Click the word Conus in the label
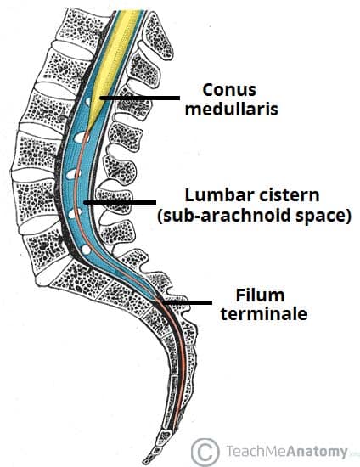[x=228, y=88]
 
